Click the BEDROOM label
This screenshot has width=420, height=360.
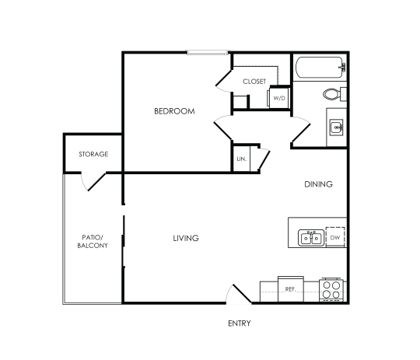[x=173, y=111]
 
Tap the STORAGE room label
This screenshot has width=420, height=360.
[x=93, y=154]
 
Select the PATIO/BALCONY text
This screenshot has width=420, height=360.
[x=93, y=241]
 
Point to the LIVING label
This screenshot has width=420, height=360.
[x=186, y=238]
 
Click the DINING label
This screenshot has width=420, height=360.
[x=318, y=184]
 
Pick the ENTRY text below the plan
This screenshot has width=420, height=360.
[x=239, y=323]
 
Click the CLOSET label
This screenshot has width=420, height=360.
[x=254, y=81]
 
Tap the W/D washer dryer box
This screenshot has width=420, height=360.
[x=279, y=99]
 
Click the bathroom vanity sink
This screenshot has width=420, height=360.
[x=337, y=126]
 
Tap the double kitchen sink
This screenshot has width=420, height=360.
[x=312, y=237]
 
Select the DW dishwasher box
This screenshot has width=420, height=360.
[x=335, y=237]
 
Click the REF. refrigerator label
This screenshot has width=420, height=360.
[x=291, y=288]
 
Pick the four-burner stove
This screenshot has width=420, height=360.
[x=332, y=291]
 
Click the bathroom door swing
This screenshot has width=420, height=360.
[x=300, y=134]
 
